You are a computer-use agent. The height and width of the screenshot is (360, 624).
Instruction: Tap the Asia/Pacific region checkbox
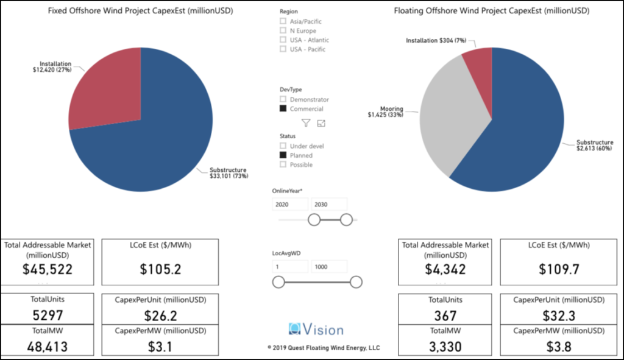tap(283, 21)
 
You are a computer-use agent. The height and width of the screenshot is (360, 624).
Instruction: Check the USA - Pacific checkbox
tap(283, 49)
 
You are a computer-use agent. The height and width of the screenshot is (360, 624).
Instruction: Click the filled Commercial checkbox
tap(283, 108)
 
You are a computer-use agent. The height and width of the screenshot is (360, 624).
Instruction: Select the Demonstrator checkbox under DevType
tap(283, 99)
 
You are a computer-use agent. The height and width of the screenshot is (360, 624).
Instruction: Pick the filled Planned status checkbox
tap(283, 155)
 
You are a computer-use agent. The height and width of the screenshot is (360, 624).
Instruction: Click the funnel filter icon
tap(306, 123)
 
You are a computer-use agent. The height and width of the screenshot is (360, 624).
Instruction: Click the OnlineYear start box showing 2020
tap(291, 205)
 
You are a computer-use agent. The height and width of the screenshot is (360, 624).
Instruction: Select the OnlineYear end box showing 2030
tap(328, 205)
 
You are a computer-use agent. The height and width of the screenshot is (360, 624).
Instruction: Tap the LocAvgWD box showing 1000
tap(328, 267)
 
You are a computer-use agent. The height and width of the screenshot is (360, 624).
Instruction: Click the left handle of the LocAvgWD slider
tap(278, 281)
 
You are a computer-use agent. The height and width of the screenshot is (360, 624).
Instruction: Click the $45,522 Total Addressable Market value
tap(48, 269)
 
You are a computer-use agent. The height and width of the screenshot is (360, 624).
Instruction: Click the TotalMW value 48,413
tap(48, 347)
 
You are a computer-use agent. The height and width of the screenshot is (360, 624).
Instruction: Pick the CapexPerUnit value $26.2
tap(160, 316)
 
